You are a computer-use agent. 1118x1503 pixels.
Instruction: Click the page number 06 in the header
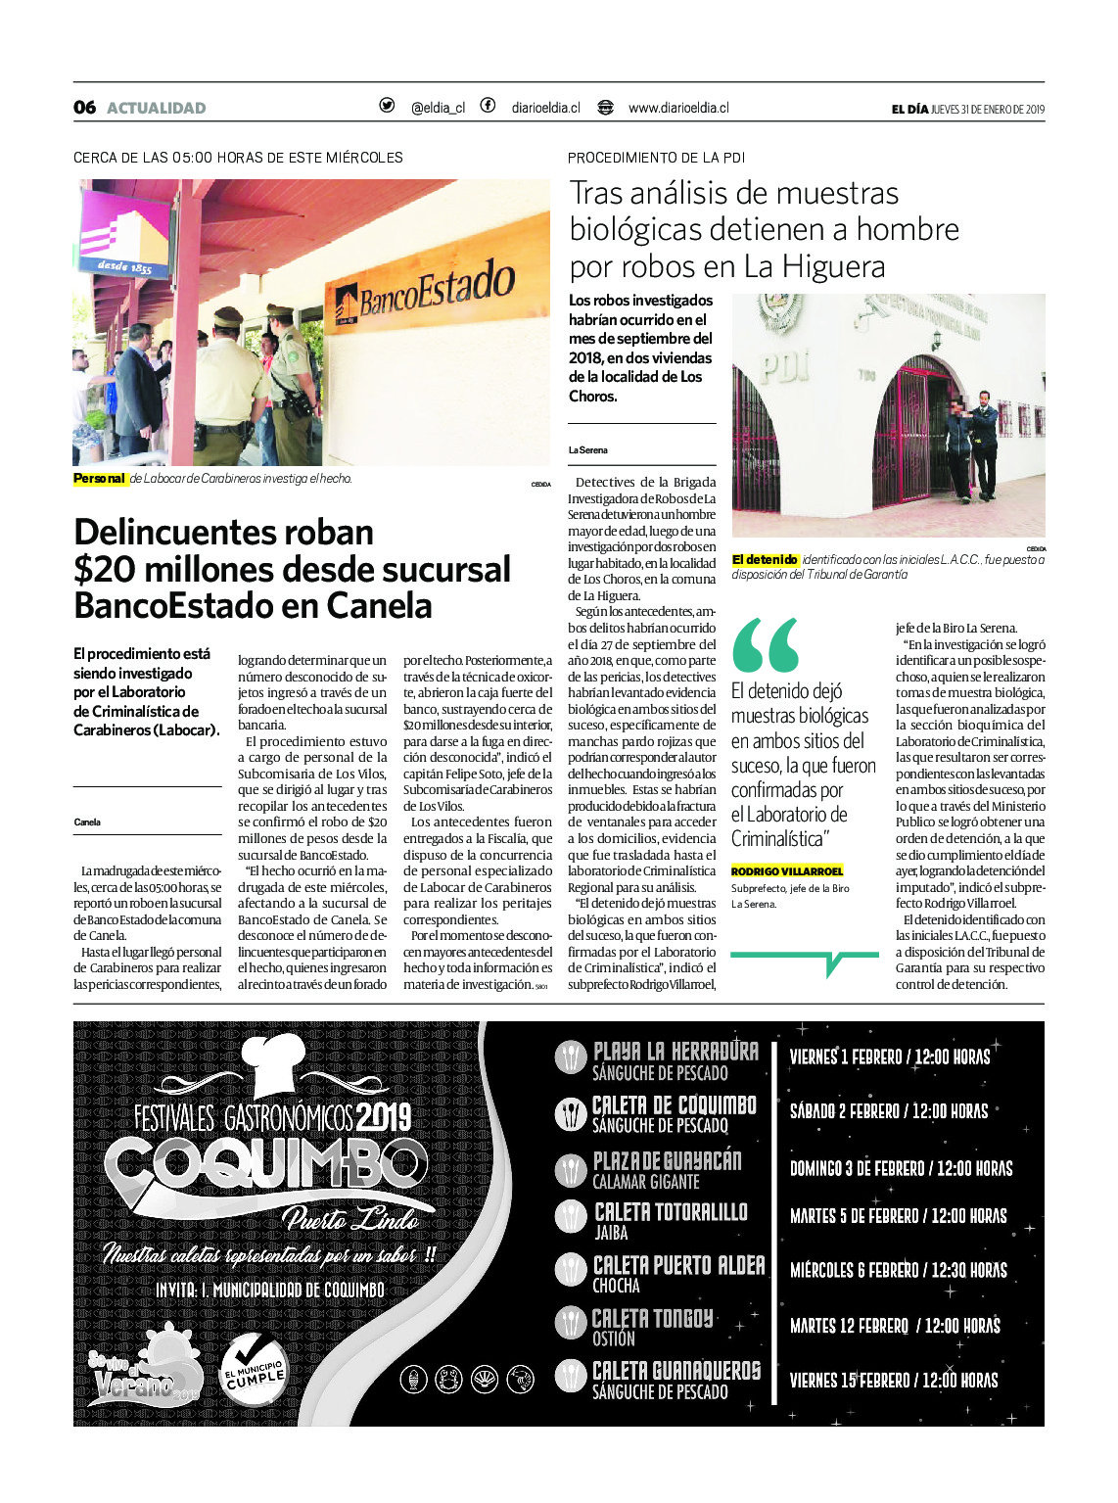point(84,108)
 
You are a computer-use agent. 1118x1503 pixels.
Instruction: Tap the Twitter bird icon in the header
point(387,106)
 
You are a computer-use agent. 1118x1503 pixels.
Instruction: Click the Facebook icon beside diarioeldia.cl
point(488,106)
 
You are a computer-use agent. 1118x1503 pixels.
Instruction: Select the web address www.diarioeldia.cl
point(678,108)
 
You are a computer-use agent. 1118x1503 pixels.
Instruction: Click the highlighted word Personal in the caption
point(100,479)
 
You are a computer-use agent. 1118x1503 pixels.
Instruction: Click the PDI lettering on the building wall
point(786,366)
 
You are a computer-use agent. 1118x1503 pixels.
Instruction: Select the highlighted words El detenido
point(765,560)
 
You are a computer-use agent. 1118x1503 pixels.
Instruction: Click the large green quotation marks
point(765,645)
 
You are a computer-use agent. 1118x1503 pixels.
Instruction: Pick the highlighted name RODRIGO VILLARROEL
point(786,871)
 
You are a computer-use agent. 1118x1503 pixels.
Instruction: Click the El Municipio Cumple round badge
point(256,1368)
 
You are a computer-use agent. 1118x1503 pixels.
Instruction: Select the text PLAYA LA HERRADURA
point(675,1052)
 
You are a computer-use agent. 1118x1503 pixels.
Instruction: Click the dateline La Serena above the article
point(587,450)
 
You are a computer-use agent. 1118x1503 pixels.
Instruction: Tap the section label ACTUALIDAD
point(157,108)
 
